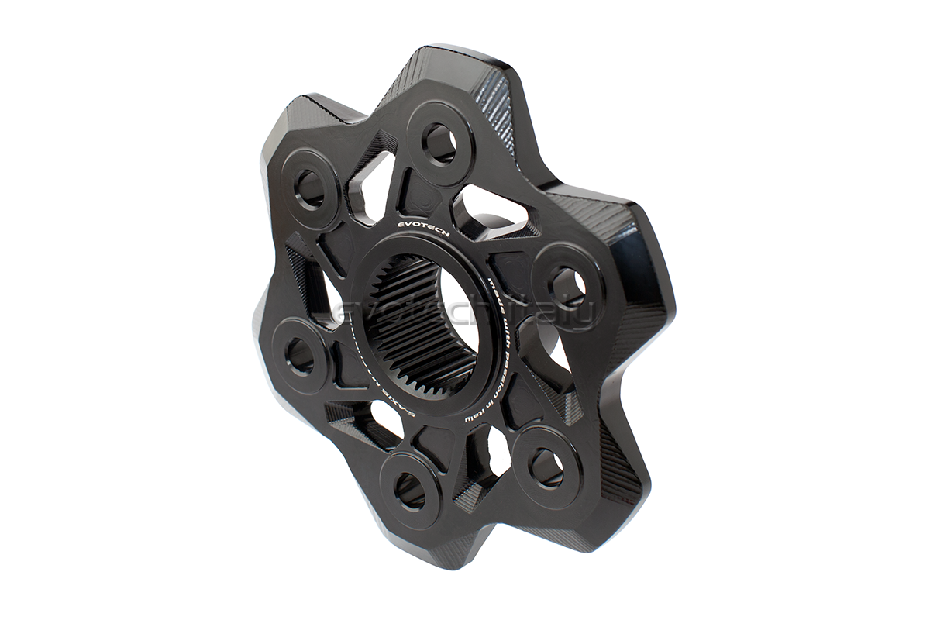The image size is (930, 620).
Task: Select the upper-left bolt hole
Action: coord(310,188)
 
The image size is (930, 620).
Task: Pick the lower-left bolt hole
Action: coord(300,356)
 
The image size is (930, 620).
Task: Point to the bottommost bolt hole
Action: coord(409,490)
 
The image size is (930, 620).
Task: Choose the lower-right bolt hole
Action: coord(546,467)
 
